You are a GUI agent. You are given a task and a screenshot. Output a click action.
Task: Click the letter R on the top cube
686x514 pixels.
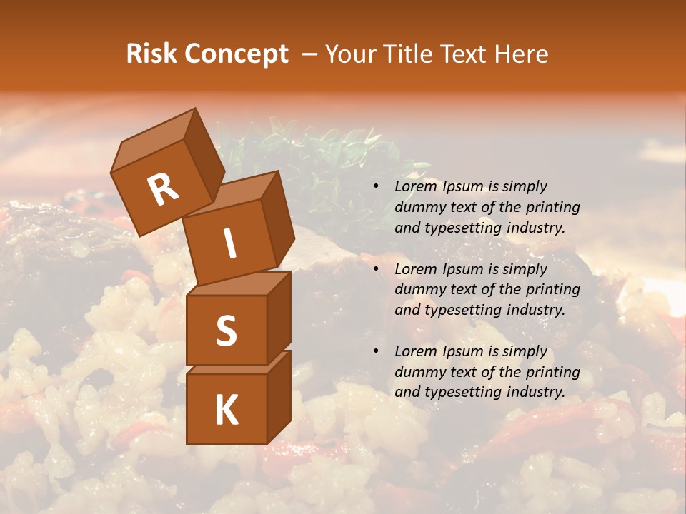pos(163,190)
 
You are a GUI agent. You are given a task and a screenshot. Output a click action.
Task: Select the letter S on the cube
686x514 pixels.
pos(226,331)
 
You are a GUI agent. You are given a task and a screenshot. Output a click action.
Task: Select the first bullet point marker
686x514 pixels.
pos(376,187)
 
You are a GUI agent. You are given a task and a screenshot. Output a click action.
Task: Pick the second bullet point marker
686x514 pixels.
pos(376,270)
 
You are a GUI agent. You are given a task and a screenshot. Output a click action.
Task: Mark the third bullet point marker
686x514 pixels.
pos(376,352)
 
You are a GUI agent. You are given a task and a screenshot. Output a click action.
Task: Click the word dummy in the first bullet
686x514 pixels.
pos(419,208)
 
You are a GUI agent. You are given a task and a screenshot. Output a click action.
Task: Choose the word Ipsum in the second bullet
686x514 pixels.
pos(463,269)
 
